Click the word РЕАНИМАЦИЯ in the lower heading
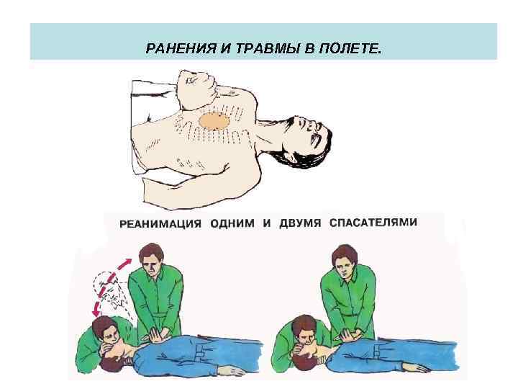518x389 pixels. tap(160, 223)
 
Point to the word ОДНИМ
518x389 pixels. tap(232, 223)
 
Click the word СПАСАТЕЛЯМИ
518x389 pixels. tap(373, 223)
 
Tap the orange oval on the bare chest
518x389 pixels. tap(214, 120)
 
